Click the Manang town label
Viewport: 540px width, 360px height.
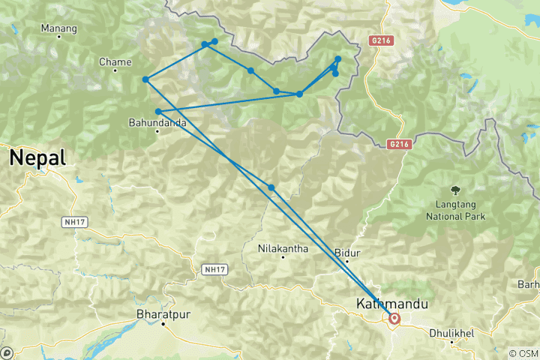point(58,28)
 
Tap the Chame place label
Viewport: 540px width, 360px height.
point(115,62)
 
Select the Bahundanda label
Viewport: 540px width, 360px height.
point(157,122)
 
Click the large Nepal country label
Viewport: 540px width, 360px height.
point(37,158)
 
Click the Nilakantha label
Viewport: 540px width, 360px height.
point(283,248)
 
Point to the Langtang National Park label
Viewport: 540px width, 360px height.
point(455,211)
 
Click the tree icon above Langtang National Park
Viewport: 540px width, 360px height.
point(454,190)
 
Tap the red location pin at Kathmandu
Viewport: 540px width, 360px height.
point(394,319)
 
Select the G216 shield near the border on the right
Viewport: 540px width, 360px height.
point(399,143)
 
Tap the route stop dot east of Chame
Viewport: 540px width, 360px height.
point(145,79)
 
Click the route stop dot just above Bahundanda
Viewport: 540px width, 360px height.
point(157,112)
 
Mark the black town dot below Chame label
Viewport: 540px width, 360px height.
point(115,71)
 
